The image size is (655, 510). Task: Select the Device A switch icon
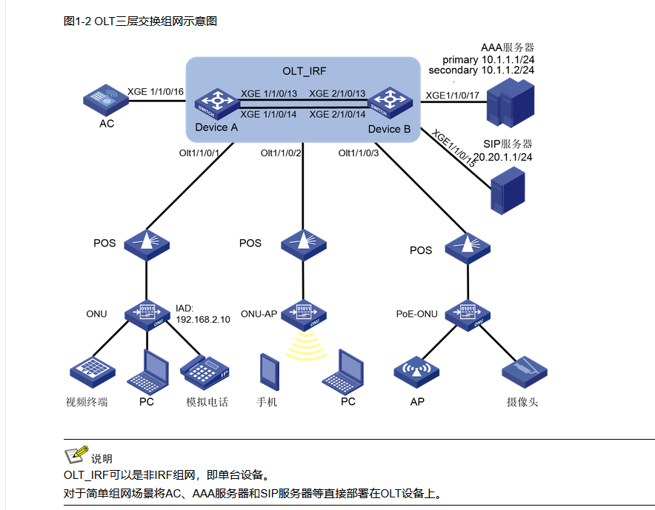[216, 104]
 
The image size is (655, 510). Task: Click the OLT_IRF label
[304, 72]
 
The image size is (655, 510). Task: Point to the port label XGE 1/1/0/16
[156, 91]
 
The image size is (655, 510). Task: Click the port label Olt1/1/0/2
[281, 153]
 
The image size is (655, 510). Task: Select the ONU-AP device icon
[303, 312]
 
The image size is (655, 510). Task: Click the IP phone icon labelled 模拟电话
[206, 370]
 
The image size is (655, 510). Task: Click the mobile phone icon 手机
[267, 372]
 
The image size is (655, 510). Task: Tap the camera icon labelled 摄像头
[525, 369]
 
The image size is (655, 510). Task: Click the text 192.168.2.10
[202, 320]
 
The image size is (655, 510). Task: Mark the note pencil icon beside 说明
[76, 454]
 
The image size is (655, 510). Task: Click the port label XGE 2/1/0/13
[337, 93]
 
